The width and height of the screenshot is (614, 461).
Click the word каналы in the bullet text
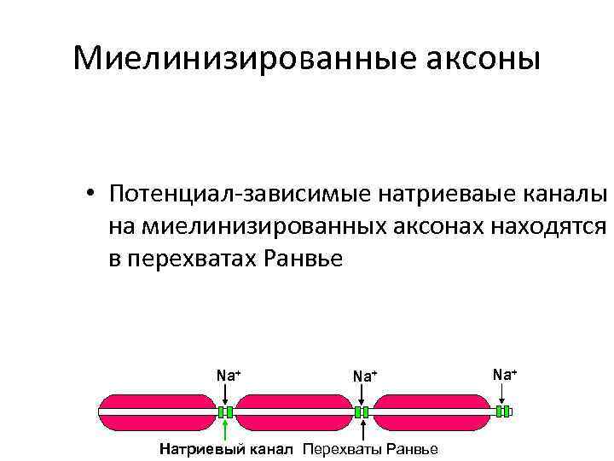[x=564, y=195]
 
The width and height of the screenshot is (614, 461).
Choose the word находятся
[x=550, y=226]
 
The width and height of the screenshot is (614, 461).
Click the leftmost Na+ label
[x=229, y=375]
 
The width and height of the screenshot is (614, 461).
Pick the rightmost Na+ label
[x=505, y=374]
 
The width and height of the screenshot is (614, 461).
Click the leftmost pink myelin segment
[x=157, y=411]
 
